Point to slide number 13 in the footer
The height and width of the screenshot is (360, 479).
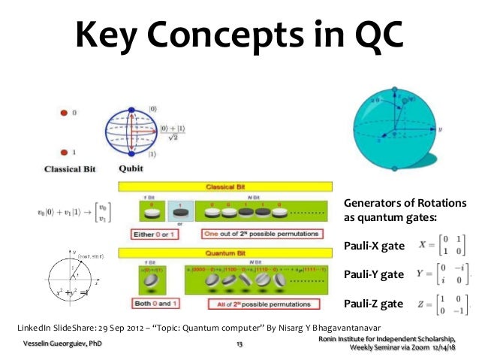(239, 344)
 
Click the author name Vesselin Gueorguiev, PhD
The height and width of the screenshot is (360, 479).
(63, 343)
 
